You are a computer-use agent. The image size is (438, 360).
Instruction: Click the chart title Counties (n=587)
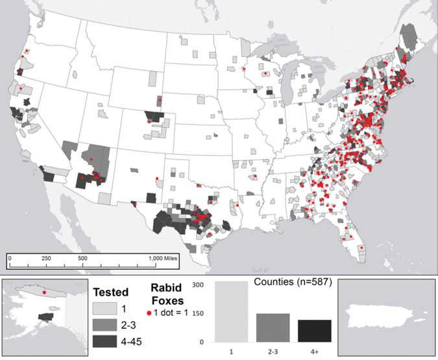click(x=283, y=283)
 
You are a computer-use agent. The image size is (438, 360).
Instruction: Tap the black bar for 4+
click(x=315, y=330)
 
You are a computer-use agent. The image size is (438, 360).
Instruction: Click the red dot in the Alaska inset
click(x=44, y=293)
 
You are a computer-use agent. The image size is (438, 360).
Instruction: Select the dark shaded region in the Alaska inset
click(x=45, y=317)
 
